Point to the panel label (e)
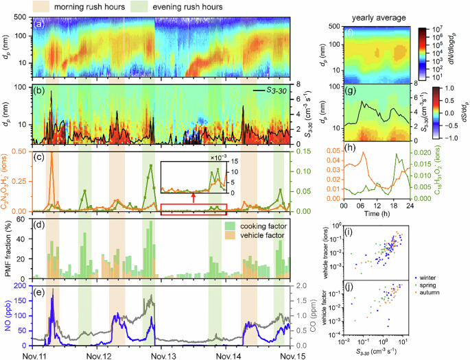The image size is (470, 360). coord(41,286)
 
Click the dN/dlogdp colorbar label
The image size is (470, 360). coord(460,49)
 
